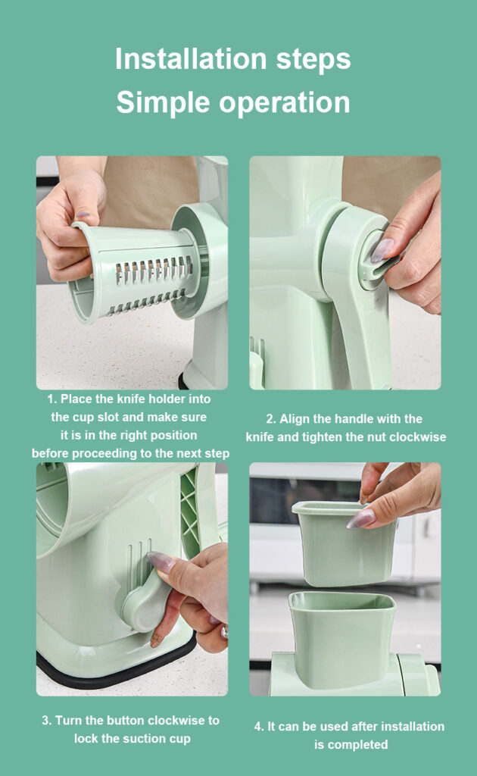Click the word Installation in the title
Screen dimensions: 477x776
coord(191,59)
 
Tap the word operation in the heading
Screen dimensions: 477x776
coord(284,102)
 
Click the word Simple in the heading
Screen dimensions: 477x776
coord(164,102)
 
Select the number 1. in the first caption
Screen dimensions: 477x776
coord(52,399)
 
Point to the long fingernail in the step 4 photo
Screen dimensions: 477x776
coord(360,519)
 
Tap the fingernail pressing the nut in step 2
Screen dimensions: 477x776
coord(382,250)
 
